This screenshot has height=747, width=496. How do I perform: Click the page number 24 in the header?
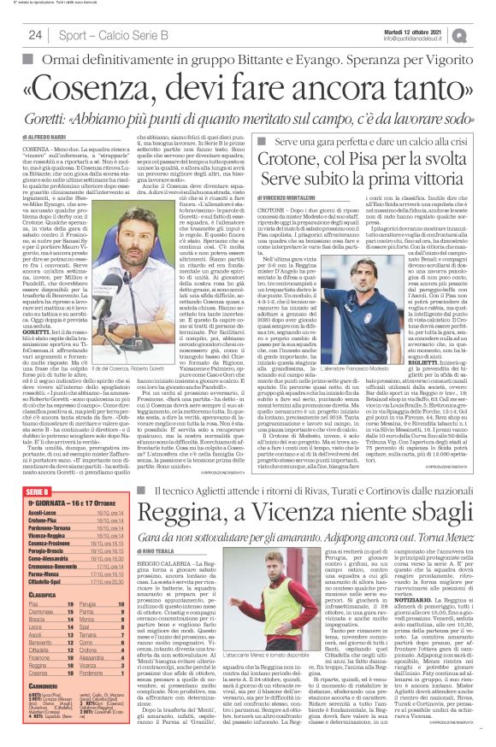pos(35,35)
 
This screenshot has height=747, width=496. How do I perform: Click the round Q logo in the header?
pos(485,34)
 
